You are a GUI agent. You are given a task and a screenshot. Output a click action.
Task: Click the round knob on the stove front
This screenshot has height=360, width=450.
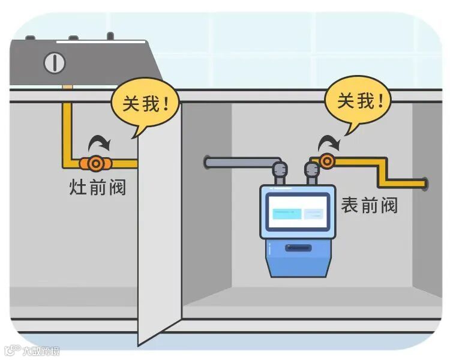coord(55,62)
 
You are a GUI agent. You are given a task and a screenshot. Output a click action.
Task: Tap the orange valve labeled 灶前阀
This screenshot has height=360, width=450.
coord(94,163)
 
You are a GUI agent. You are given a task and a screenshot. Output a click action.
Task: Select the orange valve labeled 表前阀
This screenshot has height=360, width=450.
coord(327,161)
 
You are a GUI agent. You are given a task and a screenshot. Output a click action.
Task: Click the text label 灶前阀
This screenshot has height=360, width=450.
coord(98,187)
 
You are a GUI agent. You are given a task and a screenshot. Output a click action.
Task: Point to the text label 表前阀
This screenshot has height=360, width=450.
coord(369,205)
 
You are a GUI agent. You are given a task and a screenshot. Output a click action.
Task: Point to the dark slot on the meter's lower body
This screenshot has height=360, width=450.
coord(298,247)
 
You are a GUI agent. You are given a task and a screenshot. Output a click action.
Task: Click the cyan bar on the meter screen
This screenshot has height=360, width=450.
coord(287,214)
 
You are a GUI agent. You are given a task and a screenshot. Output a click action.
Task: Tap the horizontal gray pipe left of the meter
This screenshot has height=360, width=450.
coord(240,162)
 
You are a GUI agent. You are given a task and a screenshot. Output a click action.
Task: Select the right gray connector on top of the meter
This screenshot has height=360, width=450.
coord(311,175)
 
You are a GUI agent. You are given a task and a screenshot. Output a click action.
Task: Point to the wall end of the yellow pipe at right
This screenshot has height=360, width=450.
coord(424,183)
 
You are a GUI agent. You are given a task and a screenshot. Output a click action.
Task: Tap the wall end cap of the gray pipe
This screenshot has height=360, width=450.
coord(207,162)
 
